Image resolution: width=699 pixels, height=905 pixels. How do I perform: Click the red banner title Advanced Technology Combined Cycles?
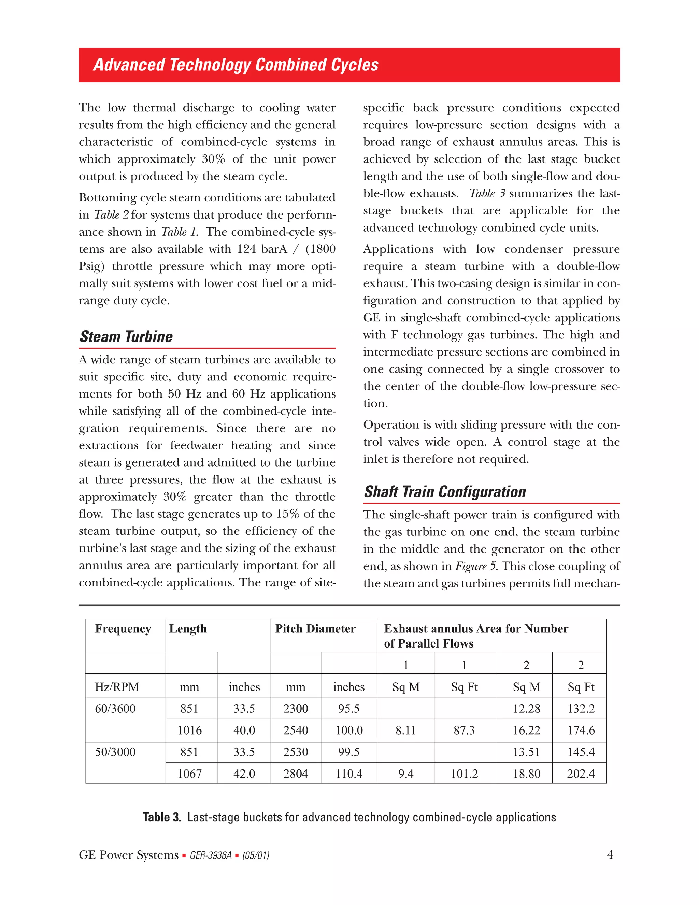click(236, 65)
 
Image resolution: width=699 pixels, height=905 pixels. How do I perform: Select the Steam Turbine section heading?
click(126, 336)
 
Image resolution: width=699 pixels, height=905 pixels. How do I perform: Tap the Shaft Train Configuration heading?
click(445, 492)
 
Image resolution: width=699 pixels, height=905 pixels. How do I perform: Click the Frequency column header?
click(123, 629)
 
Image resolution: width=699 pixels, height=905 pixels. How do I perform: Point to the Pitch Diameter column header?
click(315, 629)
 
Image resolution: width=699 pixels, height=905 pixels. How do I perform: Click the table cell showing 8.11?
click(405, 730)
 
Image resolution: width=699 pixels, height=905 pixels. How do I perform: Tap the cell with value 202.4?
click(581, 774)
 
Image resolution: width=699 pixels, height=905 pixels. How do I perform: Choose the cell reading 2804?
click(296, 774)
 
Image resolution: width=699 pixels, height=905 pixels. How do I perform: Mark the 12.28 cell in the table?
click(526, 708)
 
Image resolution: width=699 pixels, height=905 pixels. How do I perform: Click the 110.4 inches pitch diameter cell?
click(349, 774)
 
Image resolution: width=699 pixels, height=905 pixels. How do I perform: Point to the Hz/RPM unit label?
click(117, 687)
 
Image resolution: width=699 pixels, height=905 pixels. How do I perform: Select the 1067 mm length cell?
click(190, 774)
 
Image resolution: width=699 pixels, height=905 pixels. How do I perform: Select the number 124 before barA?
click(247, 249)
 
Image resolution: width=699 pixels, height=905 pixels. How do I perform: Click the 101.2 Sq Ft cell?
click(464, 774)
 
